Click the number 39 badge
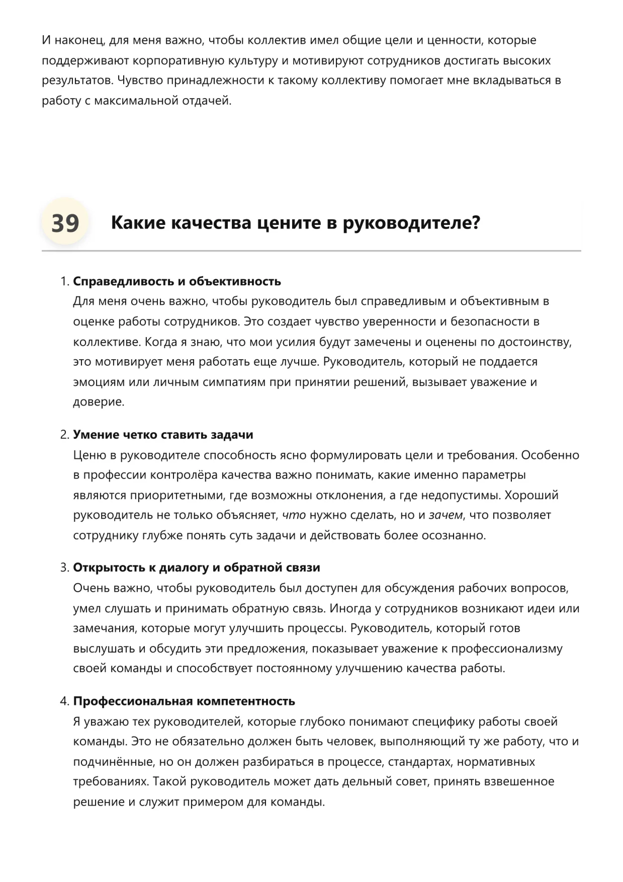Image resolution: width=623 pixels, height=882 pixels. coord(65,223)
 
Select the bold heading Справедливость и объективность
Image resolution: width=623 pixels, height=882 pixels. coord(176,281)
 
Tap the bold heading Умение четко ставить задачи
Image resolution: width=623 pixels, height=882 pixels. coord(163,435)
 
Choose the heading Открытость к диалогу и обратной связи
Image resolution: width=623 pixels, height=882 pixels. coord(196,568)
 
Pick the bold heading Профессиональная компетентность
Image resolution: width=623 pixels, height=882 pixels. coord(184,701)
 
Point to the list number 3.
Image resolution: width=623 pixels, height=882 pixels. coord(64,568)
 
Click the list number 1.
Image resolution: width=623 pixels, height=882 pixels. coord(64,281)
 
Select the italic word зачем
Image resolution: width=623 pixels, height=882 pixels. coord(445,515)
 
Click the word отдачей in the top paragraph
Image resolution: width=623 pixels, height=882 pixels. coord(207,101)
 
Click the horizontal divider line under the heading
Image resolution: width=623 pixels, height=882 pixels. coord(311,251)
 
